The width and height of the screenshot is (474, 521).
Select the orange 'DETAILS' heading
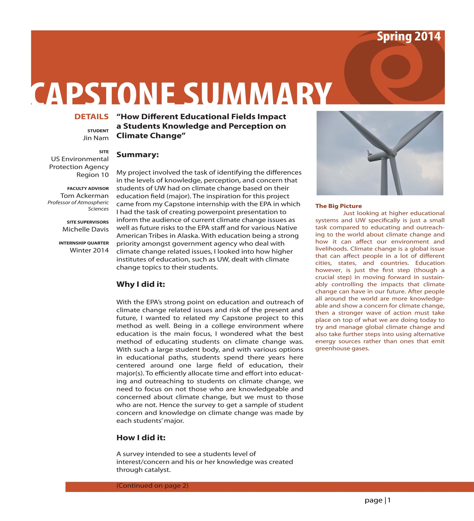tap(91, 117)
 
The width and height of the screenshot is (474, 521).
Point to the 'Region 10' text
tap(92, 175)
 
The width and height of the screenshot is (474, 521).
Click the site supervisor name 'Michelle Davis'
tap(85, 230)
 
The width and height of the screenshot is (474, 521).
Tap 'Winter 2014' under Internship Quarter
tap(89, 250)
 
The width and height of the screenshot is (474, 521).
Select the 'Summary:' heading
tap(137, 155)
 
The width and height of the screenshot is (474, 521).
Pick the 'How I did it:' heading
tap(141, 438)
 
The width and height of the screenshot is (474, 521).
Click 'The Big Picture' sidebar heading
tap(338, 206)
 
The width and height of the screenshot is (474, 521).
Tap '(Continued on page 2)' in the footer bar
tap(152, 486)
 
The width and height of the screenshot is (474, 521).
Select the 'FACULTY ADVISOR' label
tap(88, 189)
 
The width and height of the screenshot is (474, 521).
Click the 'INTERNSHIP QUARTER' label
tap(84, 243)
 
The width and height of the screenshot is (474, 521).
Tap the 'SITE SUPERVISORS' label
tap(87, 222)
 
